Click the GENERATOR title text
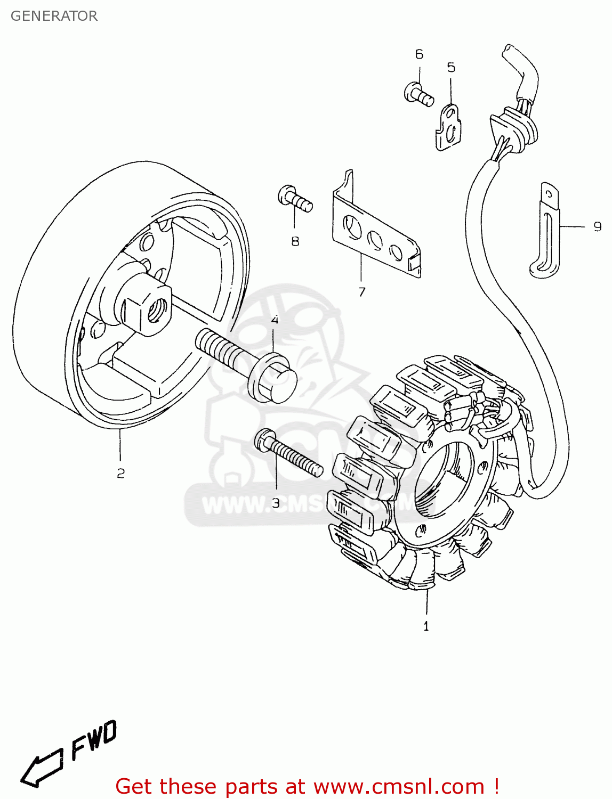[x=54, y=16]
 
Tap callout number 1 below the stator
[x=426, y=626]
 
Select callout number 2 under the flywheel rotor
[x=120, y=473]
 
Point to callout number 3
[x=276, y=503]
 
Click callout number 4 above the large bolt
[x=275, y=320]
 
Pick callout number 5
[x=451, y=68]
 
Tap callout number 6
[x=419, y=54]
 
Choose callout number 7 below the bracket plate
[x=362, y=292]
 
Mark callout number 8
[x=295, y=241]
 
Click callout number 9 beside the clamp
[x=598, y=227]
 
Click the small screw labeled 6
[x=418, y=94]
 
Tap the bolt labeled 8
[x=294, y=199]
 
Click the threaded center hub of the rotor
[x=156, y=308]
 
